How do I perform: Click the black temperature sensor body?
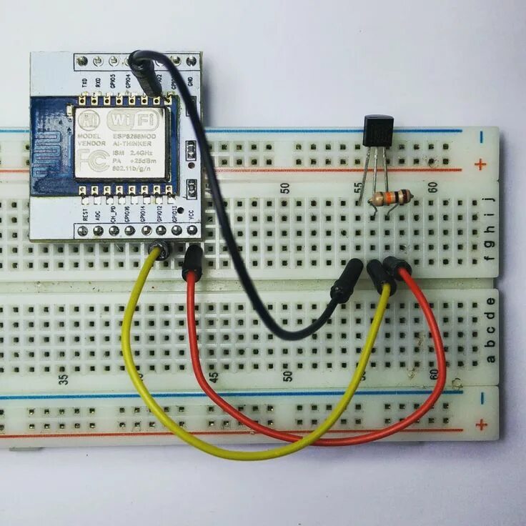[x=378, y=132]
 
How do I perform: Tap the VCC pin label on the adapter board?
[x=191, y=214]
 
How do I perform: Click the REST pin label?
[x=85, y=213]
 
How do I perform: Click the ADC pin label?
[x=99, y=213]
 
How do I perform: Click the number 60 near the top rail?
[x=432, y=187]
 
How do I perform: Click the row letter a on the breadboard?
[x=490, y=358]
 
